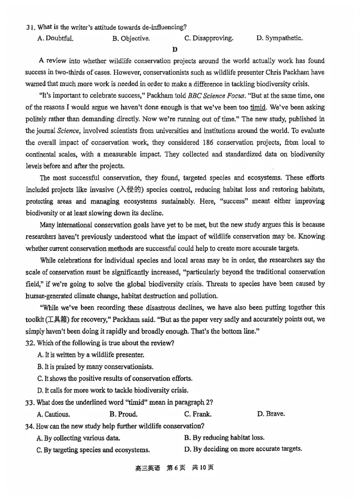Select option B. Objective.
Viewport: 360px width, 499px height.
[131, 39]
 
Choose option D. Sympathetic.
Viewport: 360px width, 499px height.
[279, 38]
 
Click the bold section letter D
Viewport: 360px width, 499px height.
[175, 50]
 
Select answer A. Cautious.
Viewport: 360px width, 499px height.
[53, 414]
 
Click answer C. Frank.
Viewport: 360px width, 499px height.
[198, 414]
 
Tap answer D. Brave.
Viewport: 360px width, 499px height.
[271, 413]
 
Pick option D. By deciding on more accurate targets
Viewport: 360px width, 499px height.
[243, 449]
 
